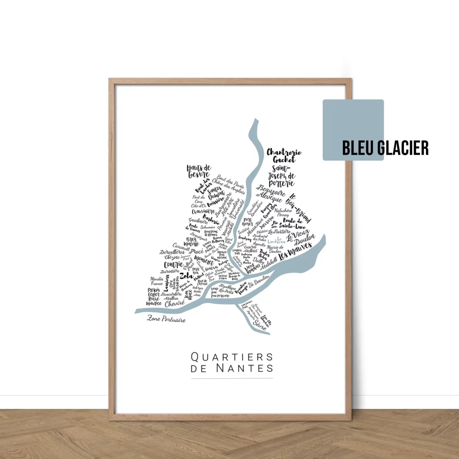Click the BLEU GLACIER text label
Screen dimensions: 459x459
point(385,147)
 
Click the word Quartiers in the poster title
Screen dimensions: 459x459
point(232,357)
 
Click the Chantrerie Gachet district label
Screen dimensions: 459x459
point(284,156)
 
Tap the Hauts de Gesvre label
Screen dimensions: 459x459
point(199,171)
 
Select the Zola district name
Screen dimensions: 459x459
point(186,275)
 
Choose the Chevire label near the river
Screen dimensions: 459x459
point(174,303)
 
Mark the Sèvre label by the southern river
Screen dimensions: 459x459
point(259,322)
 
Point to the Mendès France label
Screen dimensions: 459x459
point(156,281)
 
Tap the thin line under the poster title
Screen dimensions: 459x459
point(232,378)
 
